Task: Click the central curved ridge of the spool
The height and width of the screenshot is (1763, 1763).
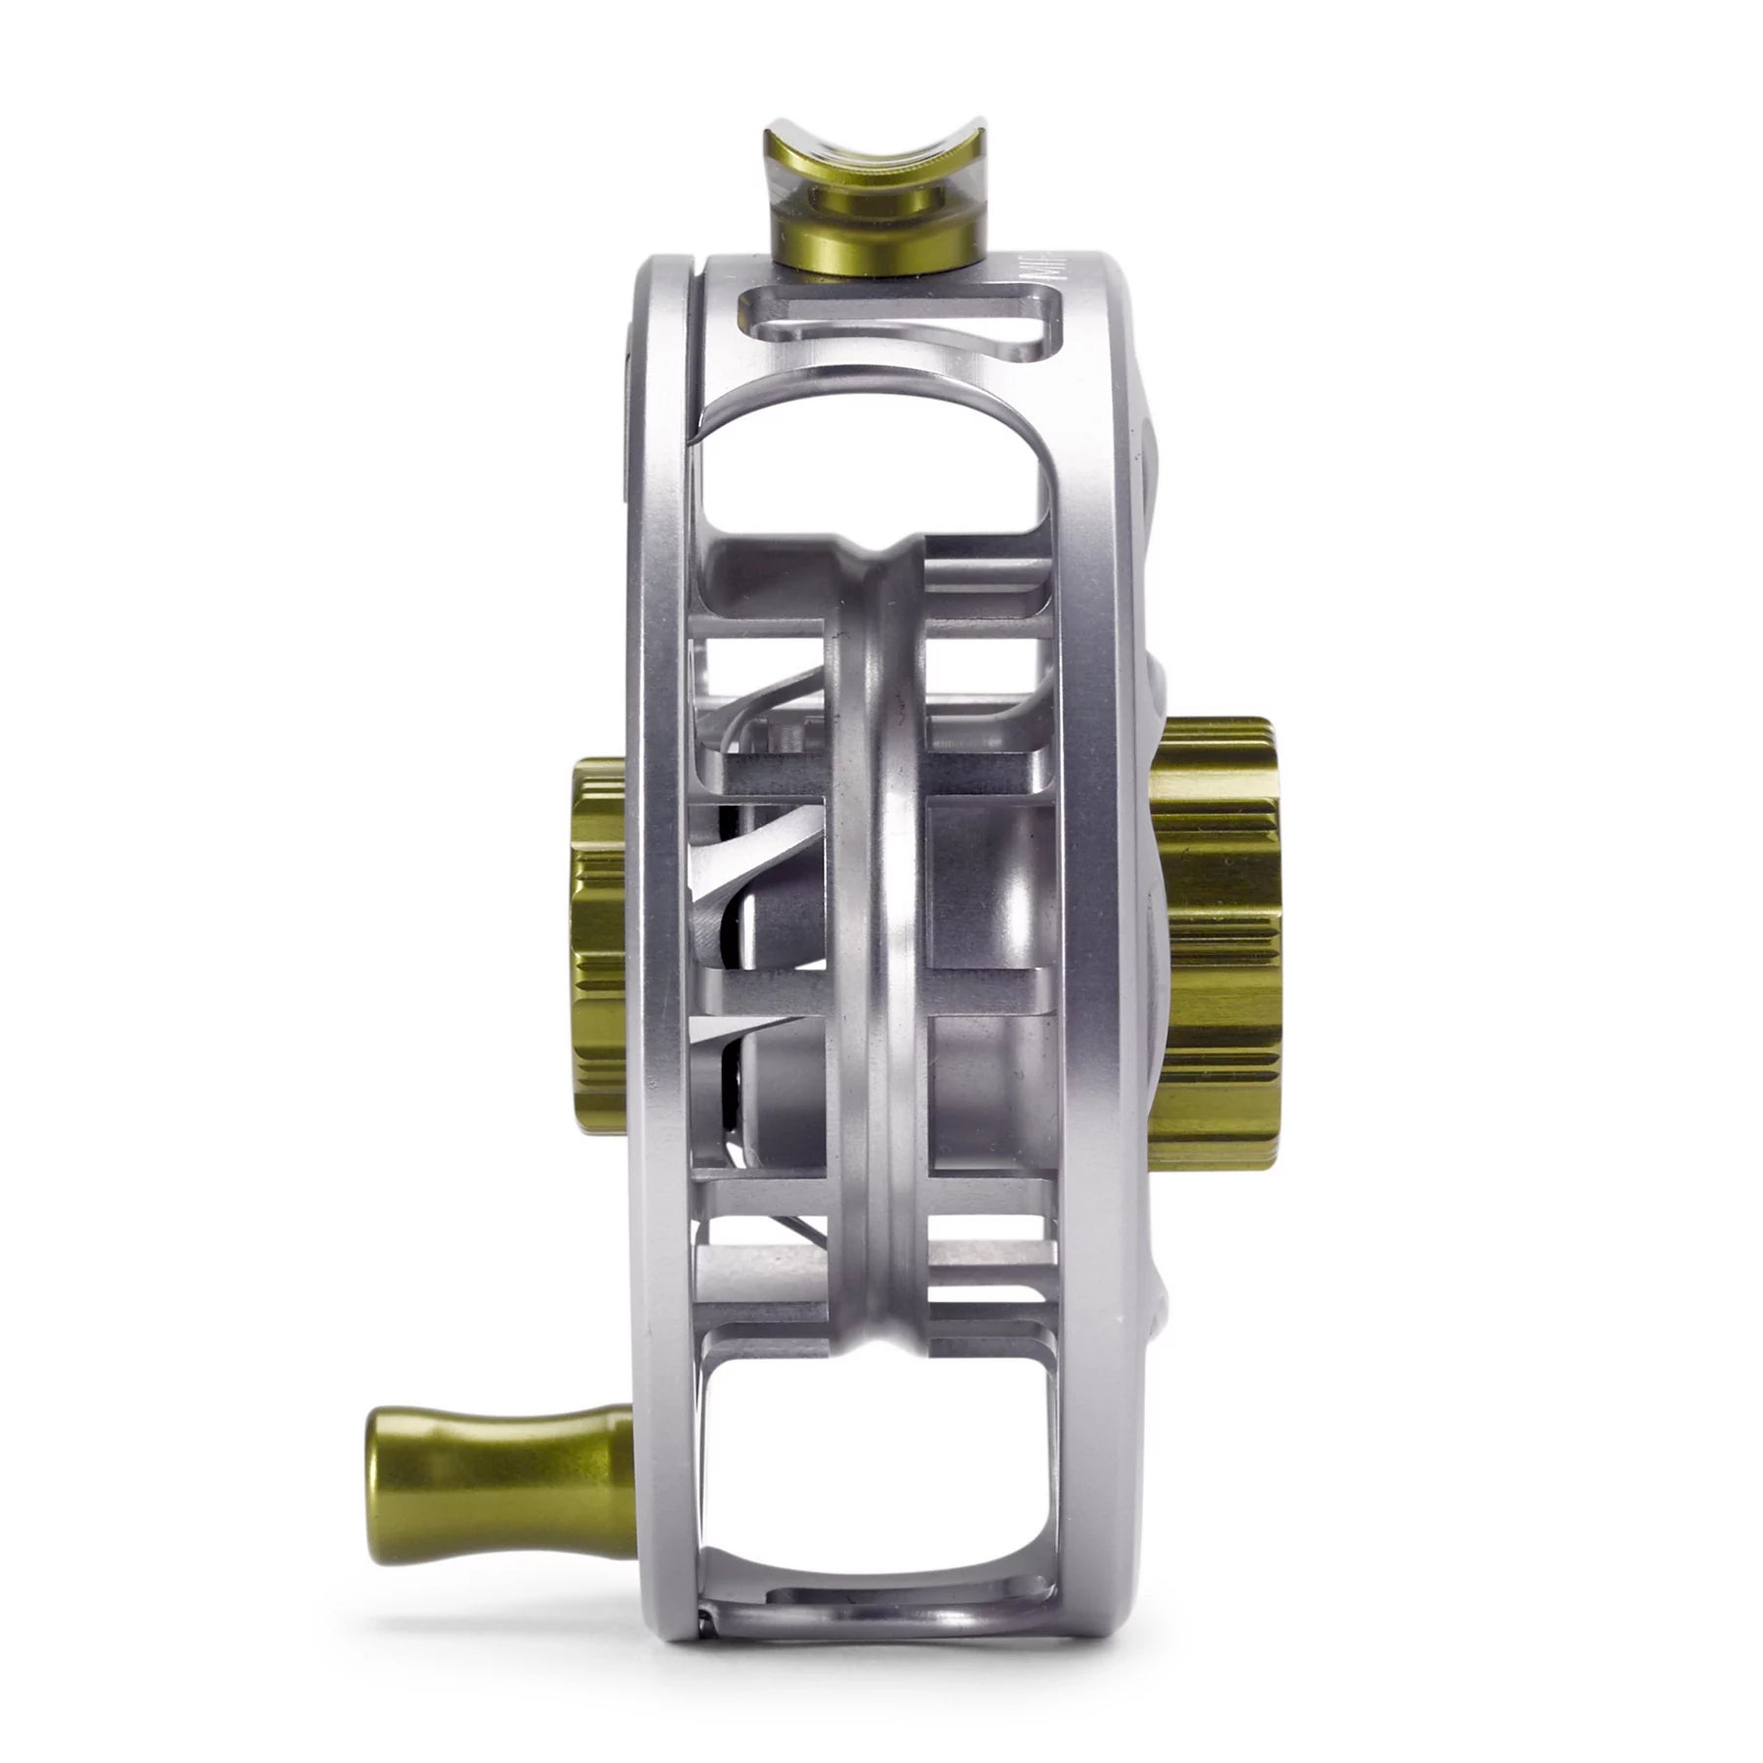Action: [x=886, y=881]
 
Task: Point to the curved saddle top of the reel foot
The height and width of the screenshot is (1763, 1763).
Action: [x=875, y=147]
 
